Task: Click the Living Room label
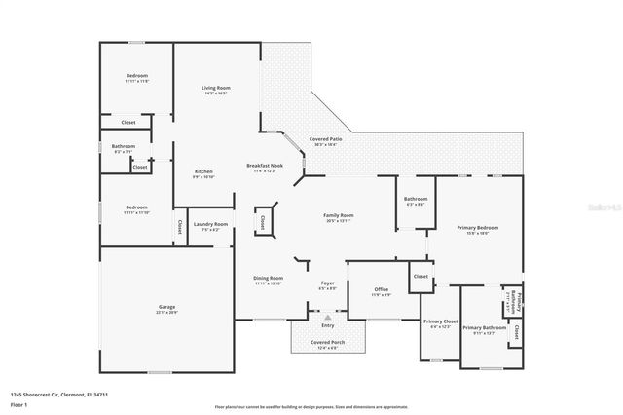[215, 89]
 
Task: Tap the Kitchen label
[202, 170]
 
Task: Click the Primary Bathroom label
[483, 327]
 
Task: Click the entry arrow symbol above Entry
[328, 317]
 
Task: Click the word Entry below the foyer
[327, 325]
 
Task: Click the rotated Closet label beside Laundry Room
[179, 229]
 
